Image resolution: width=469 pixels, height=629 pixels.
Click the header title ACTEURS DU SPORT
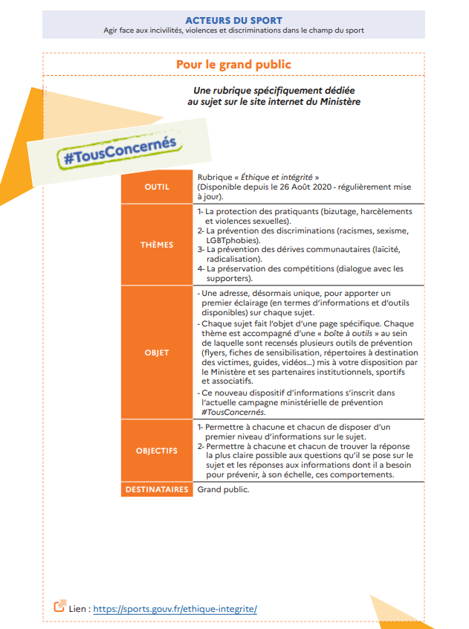click(x=234, y=19)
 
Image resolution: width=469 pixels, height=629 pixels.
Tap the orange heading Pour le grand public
click(x=233, y=65)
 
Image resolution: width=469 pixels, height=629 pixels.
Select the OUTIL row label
click(x=157, y=187)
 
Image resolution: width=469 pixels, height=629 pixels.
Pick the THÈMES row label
click(x=157, y=245)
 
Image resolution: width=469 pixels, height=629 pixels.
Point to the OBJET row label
click(x=157, y=352)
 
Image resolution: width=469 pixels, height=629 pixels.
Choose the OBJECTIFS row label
click(x=157, y=451)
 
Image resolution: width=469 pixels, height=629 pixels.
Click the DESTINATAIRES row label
click(x=157, y=490)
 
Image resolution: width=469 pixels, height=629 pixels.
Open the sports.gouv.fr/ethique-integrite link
click(x=175, y=609)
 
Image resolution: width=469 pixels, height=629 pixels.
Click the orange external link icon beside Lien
click(x=59, y=607)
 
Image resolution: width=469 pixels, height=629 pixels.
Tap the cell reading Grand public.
click(x=223, y=490)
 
